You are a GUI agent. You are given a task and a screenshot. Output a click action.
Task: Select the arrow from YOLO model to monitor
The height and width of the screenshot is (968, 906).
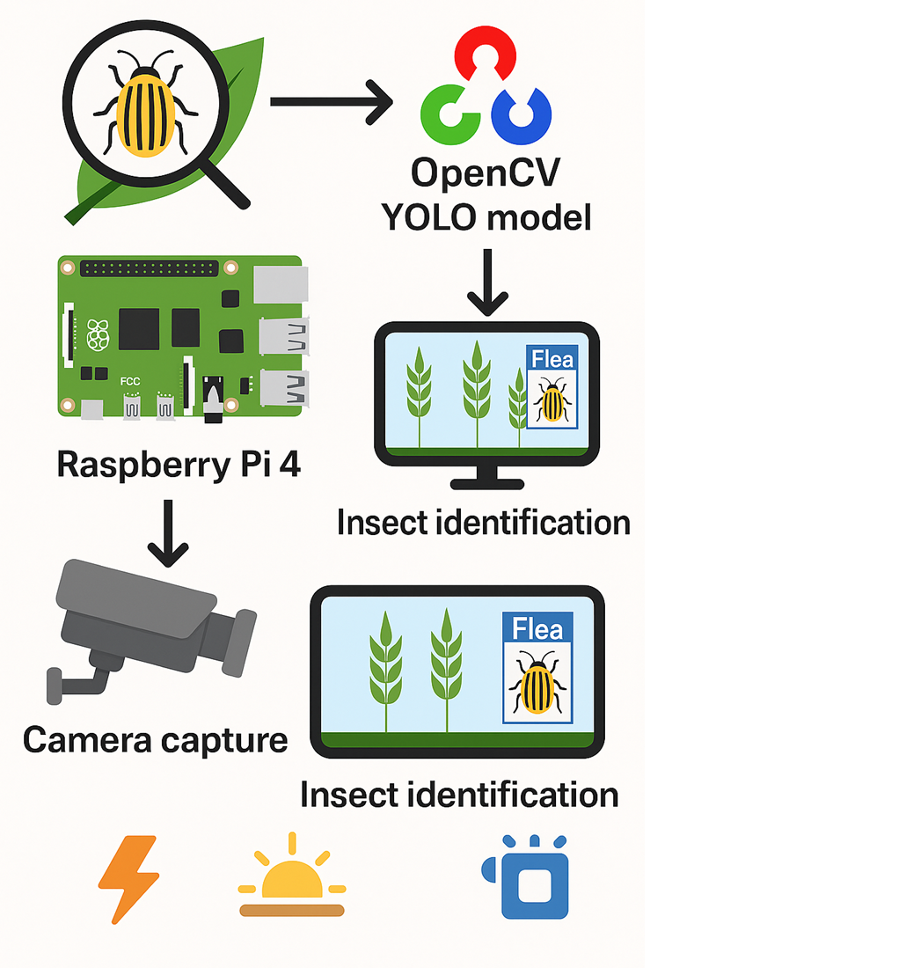tap(486, 282)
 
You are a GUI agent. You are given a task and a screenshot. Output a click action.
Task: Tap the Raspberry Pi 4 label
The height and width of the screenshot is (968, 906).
tap(179, 464)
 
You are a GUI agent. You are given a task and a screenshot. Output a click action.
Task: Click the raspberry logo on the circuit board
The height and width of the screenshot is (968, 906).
tap(99, 334)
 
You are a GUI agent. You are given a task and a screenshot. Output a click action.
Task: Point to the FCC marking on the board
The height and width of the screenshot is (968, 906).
tap(129, 384)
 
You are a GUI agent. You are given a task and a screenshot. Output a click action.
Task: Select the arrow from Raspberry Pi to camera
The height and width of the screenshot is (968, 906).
tap(167, 532)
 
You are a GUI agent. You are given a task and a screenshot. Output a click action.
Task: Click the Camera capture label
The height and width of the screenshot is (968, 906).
tap(155, 739)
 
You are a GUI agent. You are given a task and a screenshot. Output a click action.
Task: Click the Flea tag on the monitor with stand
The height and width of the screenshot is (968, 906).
tap(552, 358)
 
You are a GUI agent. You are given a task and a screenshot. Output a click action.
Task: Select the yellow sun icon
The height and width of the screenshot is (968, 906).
tap(292, 880)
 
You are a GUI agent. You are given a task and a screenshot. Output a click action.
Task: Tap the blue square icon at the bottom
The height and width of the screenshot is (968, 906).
tap(533, 884)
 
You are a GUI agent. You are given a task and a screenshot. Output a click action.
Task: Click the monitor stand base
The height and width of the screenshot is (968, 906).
tap(486, 483)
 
